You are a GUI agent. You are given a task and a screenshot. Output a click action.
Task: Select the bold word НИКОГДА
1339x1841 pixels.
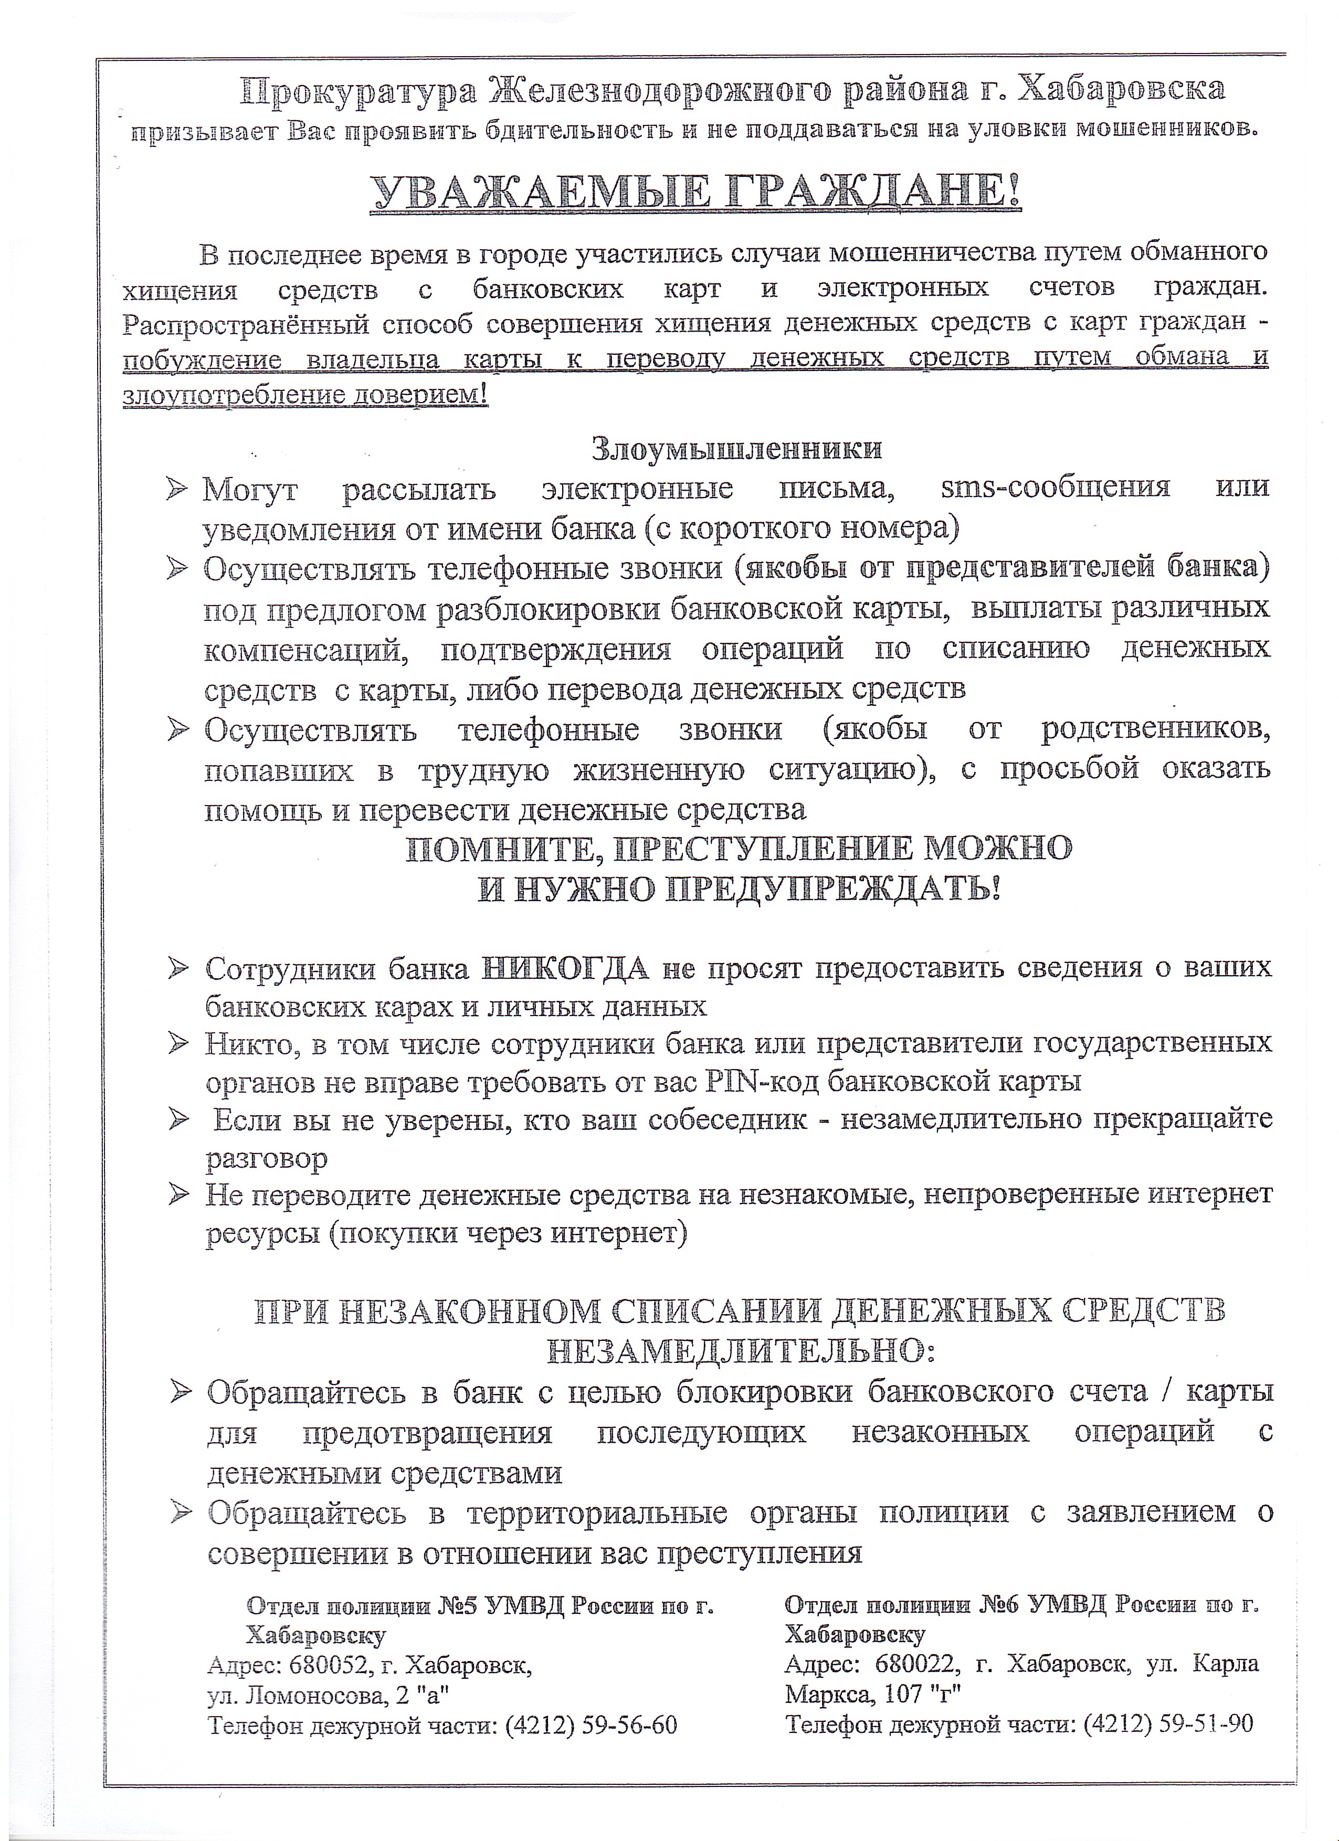pos(566,968)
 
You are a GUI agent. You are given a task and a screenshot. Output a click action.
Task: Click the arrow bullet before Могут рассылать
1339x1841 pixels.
pos(176,490)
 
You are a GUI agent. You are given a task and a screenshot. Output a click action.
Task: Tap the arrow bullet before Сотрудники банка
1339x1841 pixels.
pos(178,968)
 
